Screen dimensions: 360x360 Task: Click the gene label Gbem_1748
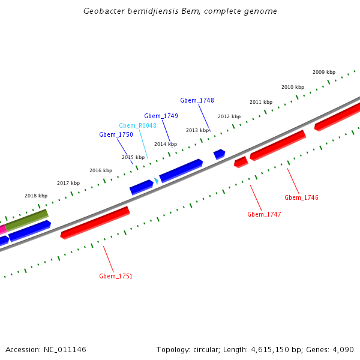coord(197,100)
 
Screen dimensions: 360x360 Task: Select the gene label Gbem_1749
coord(161,116)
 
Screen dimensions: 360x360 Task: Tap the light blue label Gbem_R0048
coord(137,125)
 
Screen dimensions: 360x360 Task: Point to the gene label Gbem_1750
coord(116,135)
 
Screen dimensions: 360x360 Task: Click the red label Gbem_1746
coord(301,197)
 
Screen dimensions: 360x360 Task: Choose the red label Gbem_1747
coord(264,214)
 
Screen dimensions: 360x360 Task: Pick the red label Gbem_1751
coord(116,276)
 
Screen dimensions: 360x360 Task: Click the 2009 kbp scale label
coord(324,72)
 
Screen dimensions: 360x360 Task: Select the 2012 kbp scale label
coord(229,116)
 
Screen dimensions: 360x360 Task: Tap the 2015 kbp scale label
coord(133,157)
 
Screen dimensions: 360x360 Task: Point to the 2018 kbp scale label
coord(36,196)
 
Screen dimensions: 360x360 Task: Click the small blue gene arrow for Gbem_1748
coord(220,154)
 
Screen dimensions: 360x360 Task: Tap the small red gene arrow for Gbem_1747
coord(241,162)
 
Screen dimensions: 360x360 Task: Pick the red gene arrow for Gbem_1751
coord(95,223)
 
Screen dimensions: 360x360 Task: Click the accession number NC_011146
coord(64,349)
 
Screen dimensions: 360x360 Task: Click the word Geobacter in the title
coord(105,11)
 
